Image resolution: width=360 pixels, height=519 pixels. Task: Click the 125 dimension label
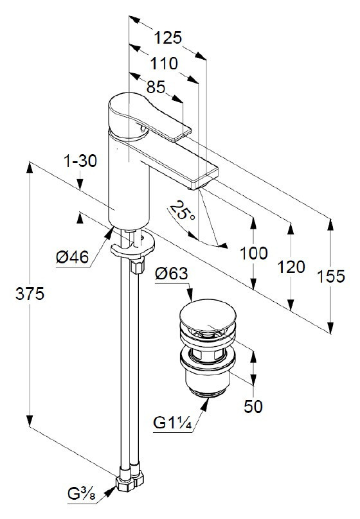pos(168,37)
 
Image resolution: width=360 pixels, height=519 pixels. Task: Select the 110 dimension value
pos(164,63)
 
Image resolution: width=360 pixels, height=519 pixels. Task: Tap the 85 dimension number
pos(156,87)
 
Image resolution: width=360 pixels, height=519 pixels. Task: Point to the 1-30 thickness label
pos(80,161)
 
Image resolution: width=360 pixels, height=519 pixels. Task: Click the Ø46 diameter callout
pos(73,257)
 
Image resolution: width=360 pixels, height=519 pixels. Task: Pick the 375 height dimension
pos(30,294)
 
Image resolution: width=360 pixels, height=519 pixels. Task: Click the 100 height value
pos(253,254)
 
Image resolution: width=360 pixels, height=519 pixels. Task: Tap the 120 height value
pos(291,267)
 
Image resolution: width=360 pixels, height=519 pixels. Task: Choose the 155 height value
pos(331,276)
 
